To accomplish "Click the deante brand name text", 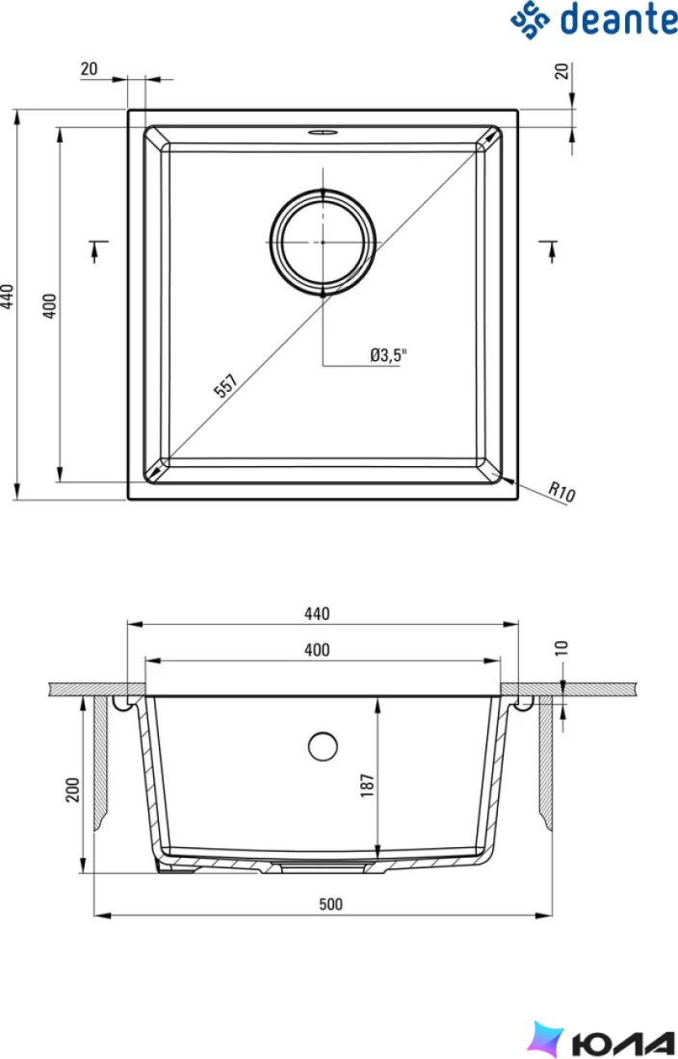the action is (618, 19).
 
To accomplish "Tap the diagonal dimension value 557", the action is (225, 386).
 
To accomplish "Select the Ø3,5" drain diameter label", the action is (388, 354).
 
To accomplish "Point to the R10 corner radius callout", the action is (561, 492).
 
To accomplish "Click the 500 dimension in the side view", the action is (331, 904).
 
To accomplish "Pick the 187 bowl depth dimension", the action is (367, 786).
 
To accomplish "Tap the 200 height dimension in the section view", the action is (72, 789).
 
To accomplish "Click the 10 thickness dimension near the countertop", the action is (561, 648).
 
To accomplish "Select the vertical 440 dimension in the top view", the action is (7, 297).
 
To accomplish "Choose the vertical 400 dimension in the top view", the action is (50, 306).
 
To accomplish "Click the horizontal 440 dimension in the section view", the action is (317, 613).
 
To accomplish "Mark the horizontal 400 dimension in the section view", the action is (317, 650).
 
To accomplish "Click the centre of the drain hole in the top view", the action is (323, 242).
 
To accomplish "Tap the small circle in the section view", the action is (323, 746).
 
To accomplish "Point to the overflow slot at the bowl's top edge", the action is (323, 133).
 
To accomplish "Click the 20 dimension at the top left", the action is (90, 69).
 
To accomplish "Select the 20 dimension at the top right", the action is (562, 71).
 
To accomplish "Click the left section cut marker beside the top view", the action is (98, 250).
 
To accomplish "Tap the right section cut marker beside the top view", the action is (549, 250).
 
